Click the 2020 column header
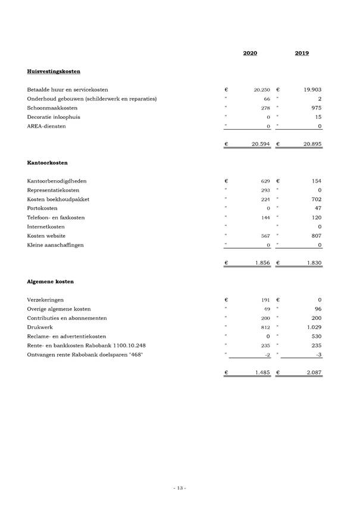click(250, 54)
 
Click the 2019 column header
click(302, 54)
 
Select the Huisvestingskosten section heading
click(54, 71)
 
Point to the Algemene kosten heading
click(51, 281)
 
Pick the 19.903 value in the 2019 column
click(312, 90)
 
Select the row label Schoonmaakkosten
click(52, 108)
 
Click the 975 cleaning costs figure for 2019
click(316, 108)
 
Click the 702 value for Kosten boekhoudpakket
click(316, 199)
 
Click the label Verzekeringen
click(45, 300)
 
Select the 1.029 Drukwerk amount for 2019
click(313, 328)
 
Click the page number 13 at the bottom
click(180, 488)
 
